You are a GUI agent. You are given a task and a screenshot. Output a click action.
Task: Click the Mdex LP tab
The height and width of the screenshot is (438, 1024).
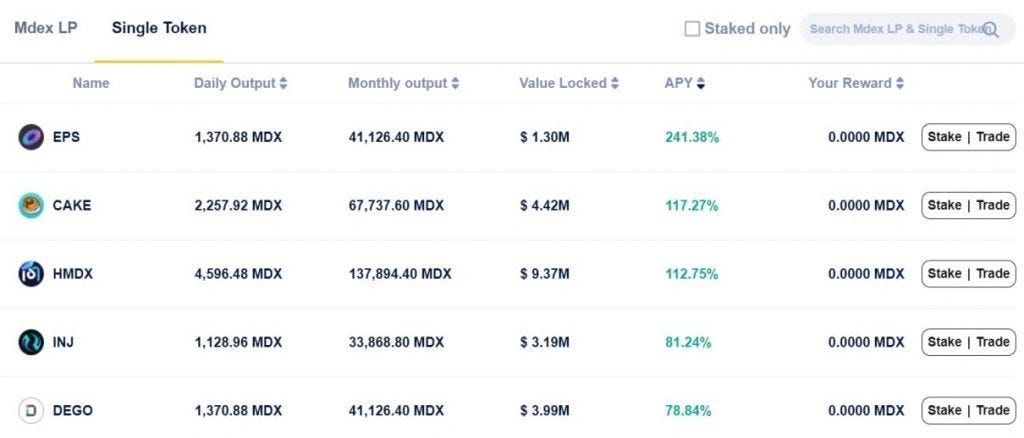click(45, 28)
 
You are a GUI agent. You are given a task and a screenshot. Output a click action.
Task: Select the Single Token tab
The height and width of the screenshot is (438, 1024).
click(159, 28)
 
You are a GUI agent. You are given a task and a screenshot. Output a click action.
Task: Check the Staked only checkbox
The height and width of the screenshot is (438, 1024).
click(692, 29)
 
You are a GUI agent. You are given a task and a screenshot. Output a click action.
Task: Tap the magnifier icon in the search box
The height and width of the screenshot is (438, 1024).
click(991, 30)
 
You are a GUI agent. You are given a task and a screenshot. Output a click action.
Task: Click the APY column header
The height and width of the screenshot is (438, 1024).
click(685, 83)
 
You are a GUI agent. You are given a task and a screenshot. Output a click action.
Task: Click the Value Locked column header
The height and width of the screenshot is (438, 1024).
click(568, 83)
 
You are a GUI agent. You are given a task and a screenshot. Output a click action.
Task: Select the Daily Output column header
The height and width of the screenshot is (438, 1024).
click(240, 83)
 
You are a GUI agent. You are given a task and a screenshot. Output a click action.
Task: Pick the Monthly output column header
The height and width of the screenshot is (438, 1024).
click(403, 83)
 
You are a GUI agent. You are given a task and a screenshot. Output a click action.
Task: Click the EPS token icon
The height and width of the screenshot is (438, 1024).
click(31, 137)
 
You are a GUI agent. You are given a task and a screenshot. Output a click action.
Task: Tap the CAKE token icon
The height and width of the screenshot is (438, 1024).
click(31, 205)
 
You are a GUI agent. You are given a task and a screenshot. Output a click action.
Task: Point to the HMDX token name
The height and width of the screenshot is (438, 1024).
click(72, 274)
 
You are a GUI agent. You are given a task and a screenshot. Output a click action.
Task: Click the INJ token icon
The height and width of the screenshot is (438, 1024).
click(31, 342)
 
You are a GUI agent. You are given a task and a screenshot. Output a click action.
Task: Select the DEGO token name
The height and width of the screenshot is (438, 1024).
click(73, 410)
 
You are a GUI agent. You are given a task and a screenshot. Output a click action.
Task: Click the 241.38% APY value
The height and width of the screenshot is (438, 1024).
click(692, 137)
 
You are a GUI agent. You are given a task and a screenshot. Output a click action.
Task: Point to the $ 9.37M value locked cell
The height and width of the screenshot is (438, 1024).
click(544, 274)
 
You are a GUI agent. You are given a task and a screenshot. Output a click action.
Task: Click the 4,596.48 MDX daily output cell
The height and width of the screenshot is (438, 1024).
click(238, 274)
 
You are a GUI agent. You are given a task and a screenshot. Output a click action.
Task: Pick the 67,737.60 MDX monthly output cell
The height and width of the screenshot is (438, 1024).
click(396, 205)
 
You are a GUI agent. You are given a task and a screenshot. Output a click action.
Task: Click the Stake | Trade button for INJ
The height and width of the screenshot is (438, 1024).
click(968, 342)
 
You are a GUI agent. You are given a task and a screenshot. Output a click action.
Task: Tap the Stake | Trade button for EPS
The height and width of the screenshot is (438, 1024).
click(968, 137)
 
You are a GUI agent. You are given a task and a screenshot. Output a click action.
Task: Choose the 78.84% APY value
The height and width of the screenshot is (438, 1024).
click(688, 410)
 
